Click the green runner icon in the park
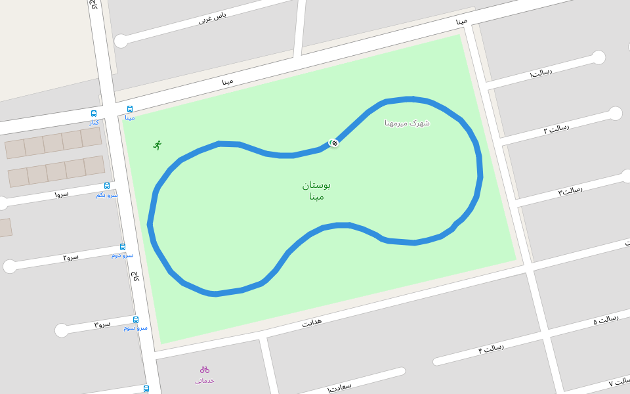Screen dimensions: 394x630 (x=157, y=144)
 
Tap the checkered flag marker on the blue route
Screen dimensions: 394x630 (x=334, y=142)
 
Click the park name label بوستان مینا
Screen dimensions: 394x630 (x=316, y=190)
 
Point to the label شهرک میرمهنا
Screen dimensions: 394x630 (x=407, y=122)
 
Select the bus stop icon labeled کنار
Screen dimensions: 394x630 (x=94, y=114)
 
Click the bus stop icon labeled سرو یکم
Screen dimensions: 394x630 (x=107, y=186)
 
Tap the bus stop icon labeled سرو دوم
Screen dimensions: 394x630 (x=123, y=247)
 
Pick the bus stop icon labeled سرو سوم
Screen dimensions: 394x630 (x=136, y=320)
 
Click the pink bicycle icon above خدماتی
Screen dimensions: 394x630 (x=205, y=369)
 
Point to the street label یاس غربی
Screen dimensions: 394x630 (x=213, y=19)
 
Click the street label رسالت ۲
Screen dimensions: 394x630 (x=556, y=129)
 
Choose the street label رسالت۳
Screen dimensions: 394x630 (x=570, y=191)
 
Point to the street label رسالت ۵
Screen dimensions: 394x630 (x=606, y=320)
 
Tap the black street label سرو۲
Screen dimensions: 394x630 (x=71, y=256)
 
